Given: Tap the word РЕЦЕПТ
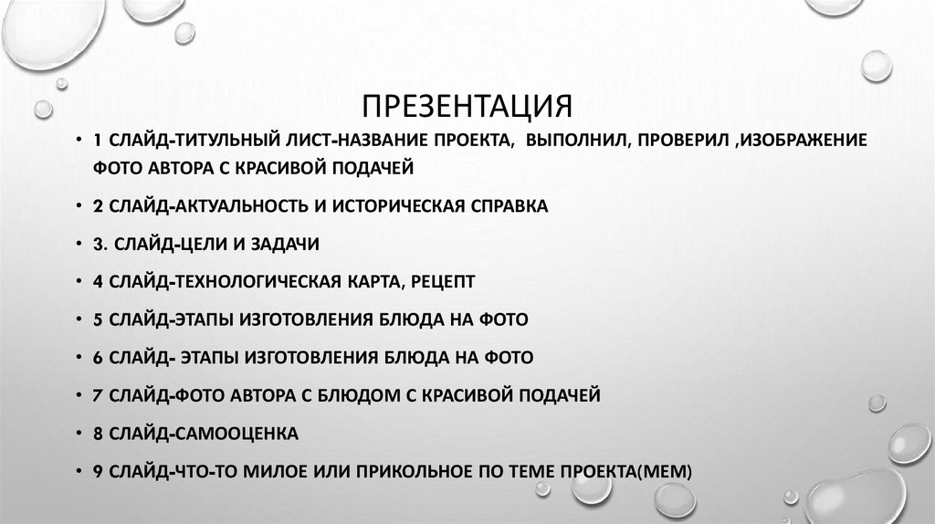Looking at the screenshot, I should (x=442, y=282).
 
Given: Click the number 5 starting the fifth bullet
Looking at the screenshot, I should (x=97, y=320).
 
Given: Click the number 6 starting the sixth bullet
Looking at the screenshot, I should (x=97, y=357).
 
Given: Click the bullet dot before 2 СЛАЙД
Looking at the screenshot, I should (x=79, y=207).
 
